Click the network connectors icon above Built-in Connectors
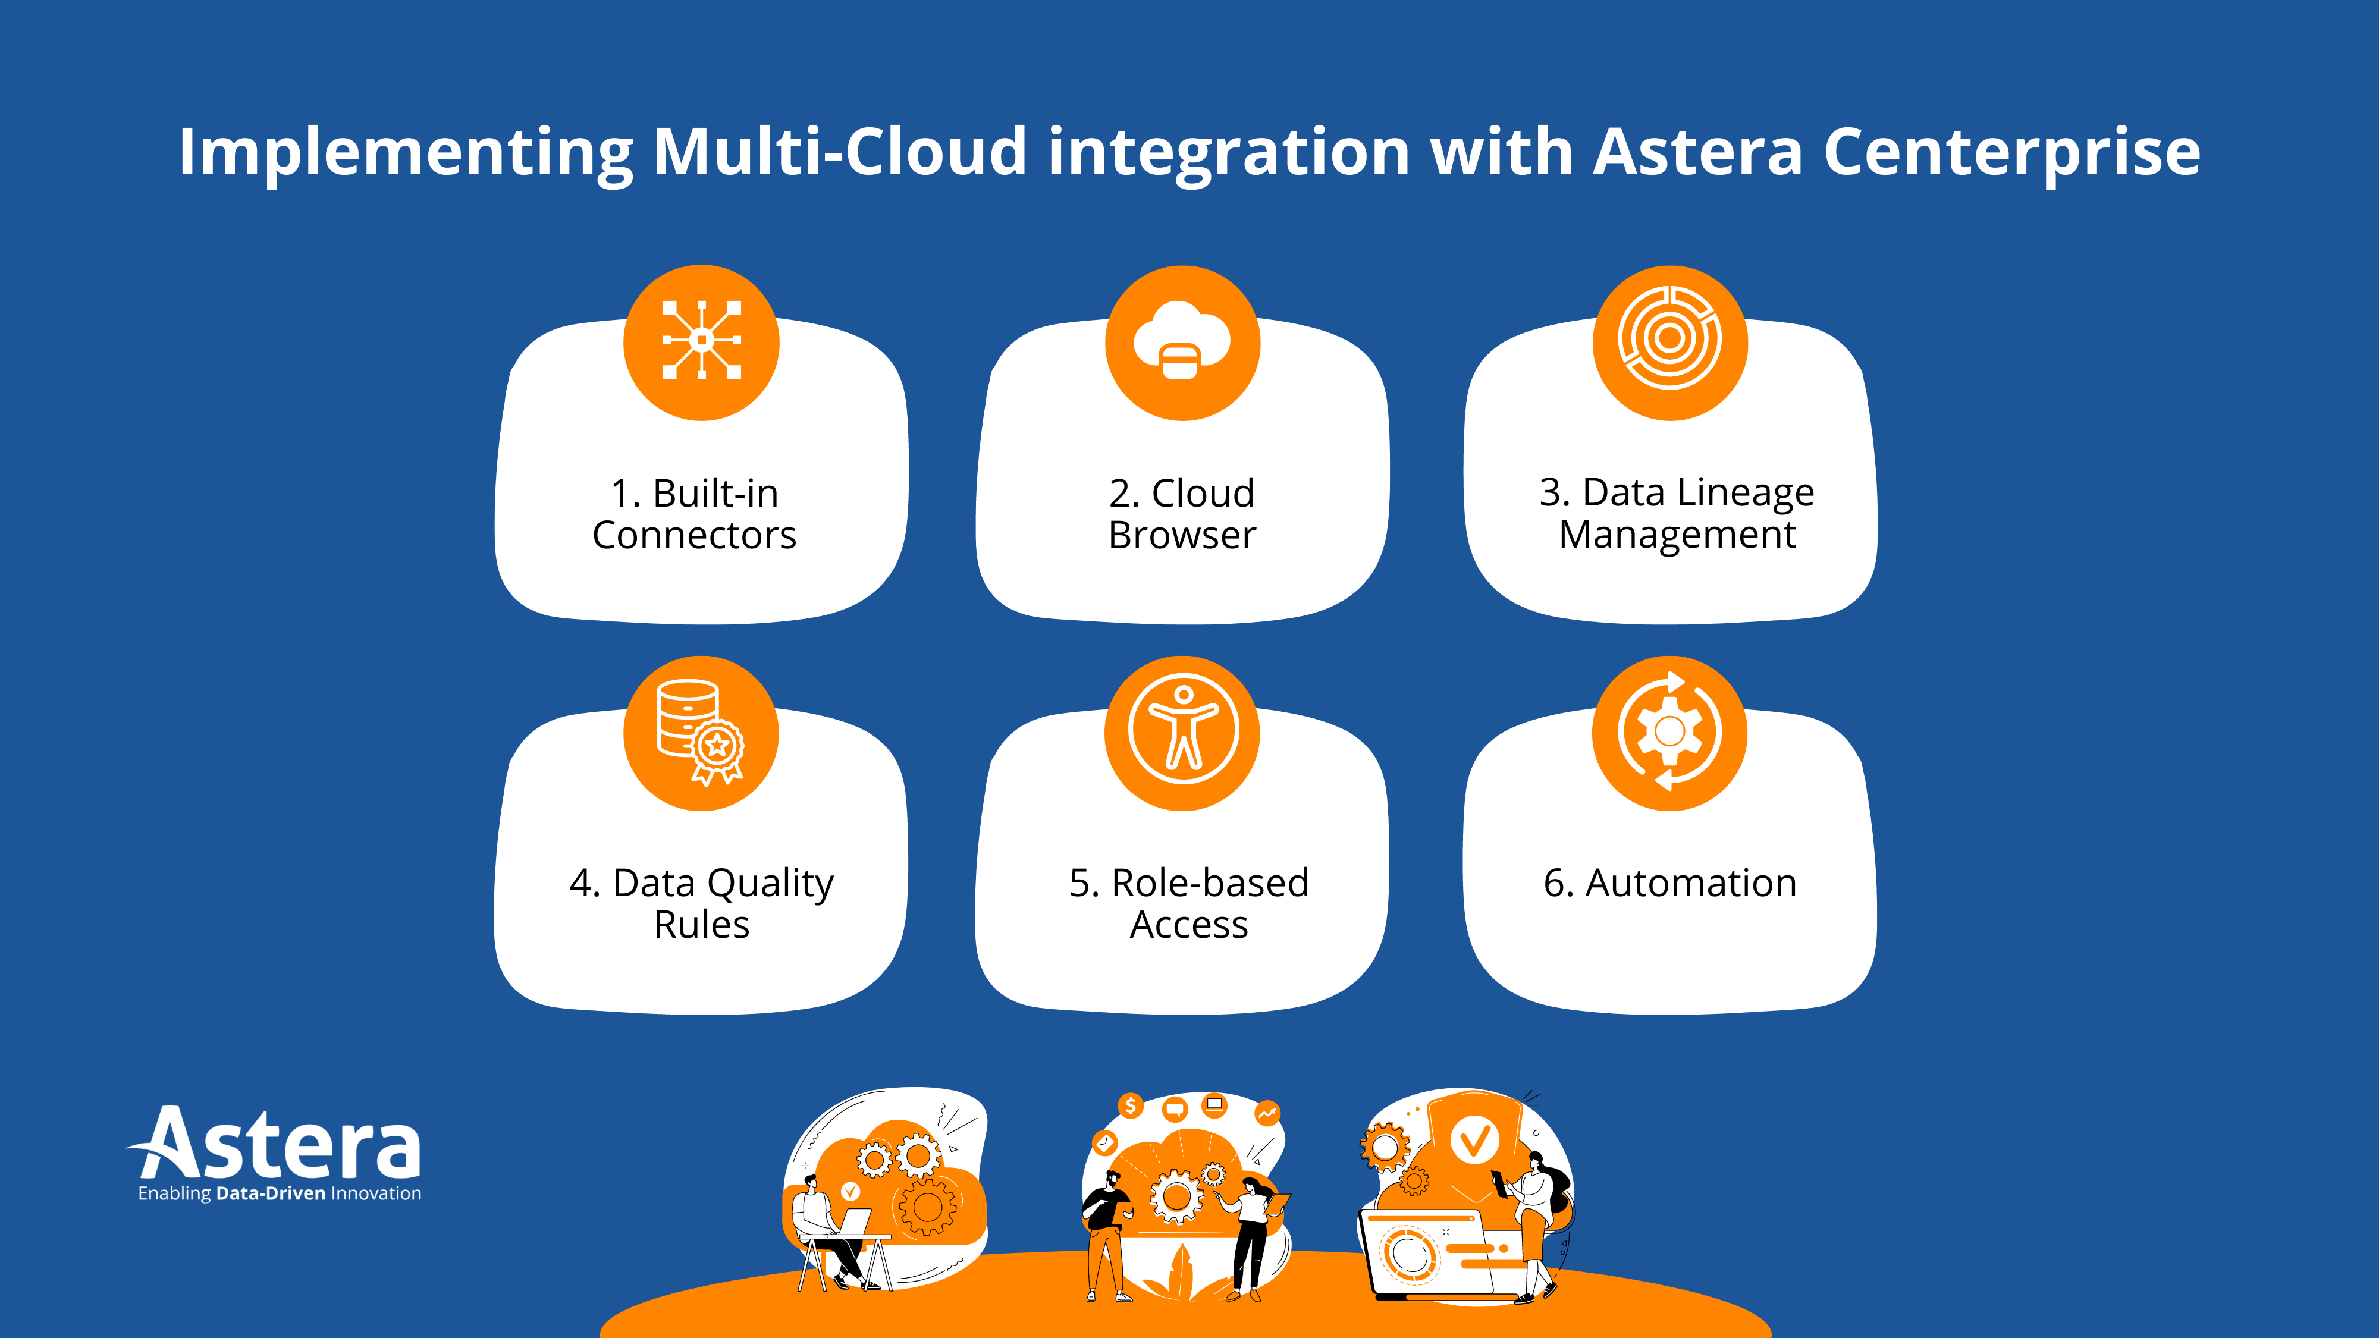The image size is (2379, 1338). [701, 342]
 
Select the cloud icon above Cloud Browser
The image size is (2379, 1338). [1182, 342]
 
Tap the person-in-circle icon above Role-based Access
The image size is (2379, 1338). [1182, 731]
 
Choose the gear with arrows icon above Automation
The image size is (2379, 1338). [1669, 731]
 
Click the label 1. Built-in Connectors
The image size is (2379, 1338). [695, 514]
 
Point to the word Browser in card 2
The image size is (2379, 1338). [1182, 536]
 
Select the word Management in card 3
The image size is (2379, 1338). [1677, 536]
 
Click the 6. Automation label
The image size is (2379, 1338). [1669, 884]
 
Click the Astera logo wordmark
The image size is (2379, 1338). [277, 1145]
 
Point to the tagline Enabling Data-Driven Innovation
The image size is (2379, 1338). [279, 1194]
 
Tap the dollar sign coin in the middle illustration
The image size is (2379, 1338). [1131, 1105]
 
